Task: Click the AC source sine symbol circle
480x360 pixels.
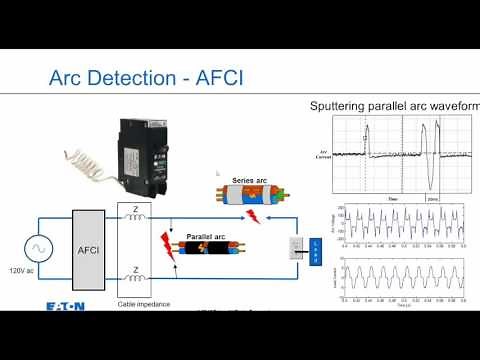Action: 37,247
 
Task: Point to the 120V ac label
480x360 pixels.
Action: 23,270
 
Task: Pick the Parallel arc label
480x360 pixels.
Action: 204,237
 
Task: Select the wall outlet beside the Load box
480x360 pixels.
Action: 297,247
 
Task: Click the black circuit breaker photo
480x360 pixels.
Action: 144,151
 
